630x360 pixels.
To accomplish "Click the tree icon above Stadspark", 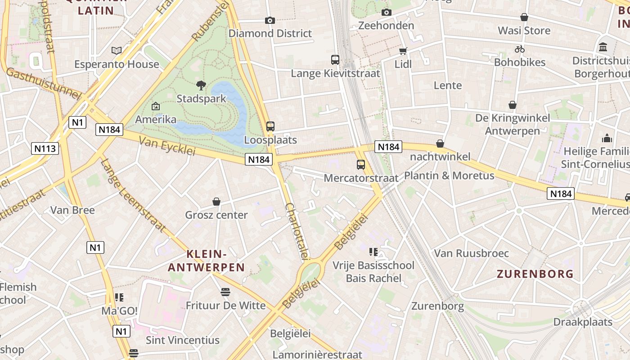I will click(x=201, y=85).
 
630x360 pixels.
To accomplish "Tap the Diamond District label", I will click(x=270, y=33).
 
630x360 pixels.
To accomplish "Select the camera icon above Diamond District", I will click(x=270, y=20).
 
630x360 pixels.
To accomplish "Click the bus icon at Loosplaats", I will click(x=270, y=126).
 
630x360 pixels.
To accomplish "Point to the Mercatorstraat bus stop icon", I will click(x=361, y=165).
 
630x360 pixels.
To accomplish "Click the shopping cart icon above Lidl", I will click(x=403, y=51).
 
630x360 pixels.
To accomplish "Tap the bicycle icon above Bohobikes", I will click(x=520, y=49).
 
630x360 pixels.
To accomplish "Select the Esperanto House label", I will click(x=117, y=64).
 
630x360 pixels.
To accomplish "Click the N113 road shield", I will click(x=45, y=148).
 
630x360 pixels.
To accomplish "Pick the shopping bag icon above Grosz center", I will click(x=216, y=202).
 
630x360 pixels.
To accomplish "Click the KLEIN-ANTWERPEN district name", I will click(x=207, y=261).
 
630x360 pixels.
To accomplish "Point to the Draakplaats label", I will click(x=583, y=322).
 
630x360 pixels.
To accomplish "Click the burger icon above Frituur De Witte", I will click(x=225, y=292).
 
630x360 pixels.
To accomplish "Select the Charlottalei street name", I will click(x=297, y=231).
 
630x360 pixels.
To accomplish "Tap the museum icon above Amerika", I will click(x=156, y=107).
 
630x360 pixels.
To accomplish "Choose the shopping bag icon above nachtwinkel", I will click(x=440, y=144).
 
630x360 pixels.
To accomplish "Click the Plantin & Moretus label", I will click(x=449, y=175).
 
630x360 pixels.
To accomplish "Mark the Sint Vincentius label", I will click(x=183, y=340).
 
